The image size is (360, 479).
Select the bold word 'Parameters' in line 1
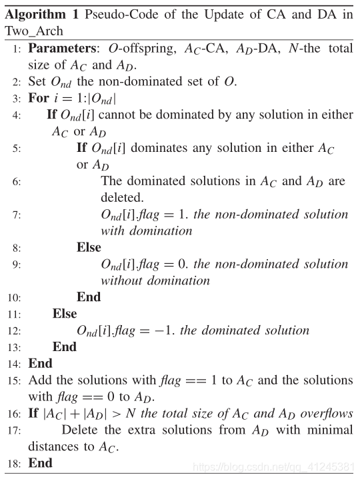[61, 49]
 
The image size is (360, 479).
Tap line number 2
[17, 82]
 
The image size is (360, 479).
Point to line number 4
[17, 115]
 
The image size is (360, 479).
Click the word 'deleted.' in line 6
[122, 197]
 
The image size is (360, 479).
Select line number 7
[17, 215]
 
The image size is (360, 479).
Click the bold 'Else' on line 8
[89, 247]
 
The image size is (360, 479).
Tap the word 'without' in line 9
[123, 280]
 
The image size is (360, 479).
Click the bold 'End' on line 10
[88, 297]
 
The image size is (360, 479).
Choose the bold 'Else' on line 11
[65, 314]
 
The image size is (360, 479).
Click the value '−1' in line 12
[165, 330]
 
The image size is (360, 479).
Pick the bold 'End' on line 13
[65, 347]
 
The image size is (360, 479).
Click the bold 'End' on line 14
[40, 364]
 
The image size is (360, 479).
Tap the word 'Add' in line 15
[39, 380]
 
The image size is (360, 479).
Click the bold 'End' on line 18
[40, 463]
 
